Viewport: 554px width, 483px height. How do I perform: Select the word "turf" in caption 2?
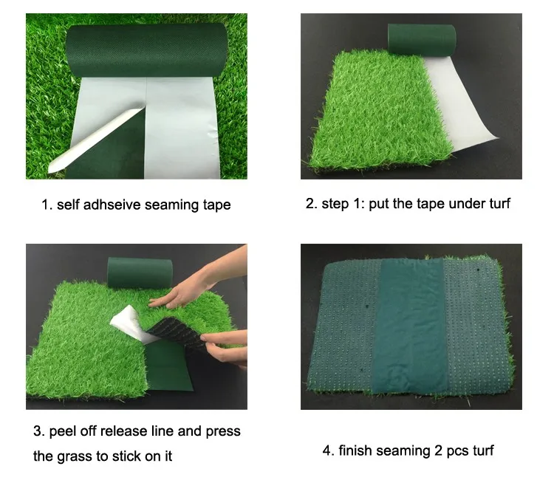tap(500, 204)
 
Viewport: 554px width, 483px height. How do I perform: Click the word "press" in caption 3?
tap(223, 432)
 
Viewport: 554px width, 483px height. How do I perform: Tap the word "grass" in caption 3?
tap(74, 456)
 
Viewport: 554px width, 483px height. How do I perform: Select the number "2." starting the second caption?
tap(312, 204)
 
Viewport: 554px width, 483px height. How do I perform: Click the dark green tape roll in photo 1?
tap(147, 49)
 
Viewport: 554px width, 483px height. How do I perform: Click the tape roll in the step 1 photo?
tap(422, 40)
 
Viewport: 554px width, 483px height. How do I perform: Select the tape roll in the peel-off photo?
tap(140, 272)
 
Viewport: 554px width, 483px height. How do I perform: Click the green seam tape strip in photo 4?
tap(410, 325)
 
